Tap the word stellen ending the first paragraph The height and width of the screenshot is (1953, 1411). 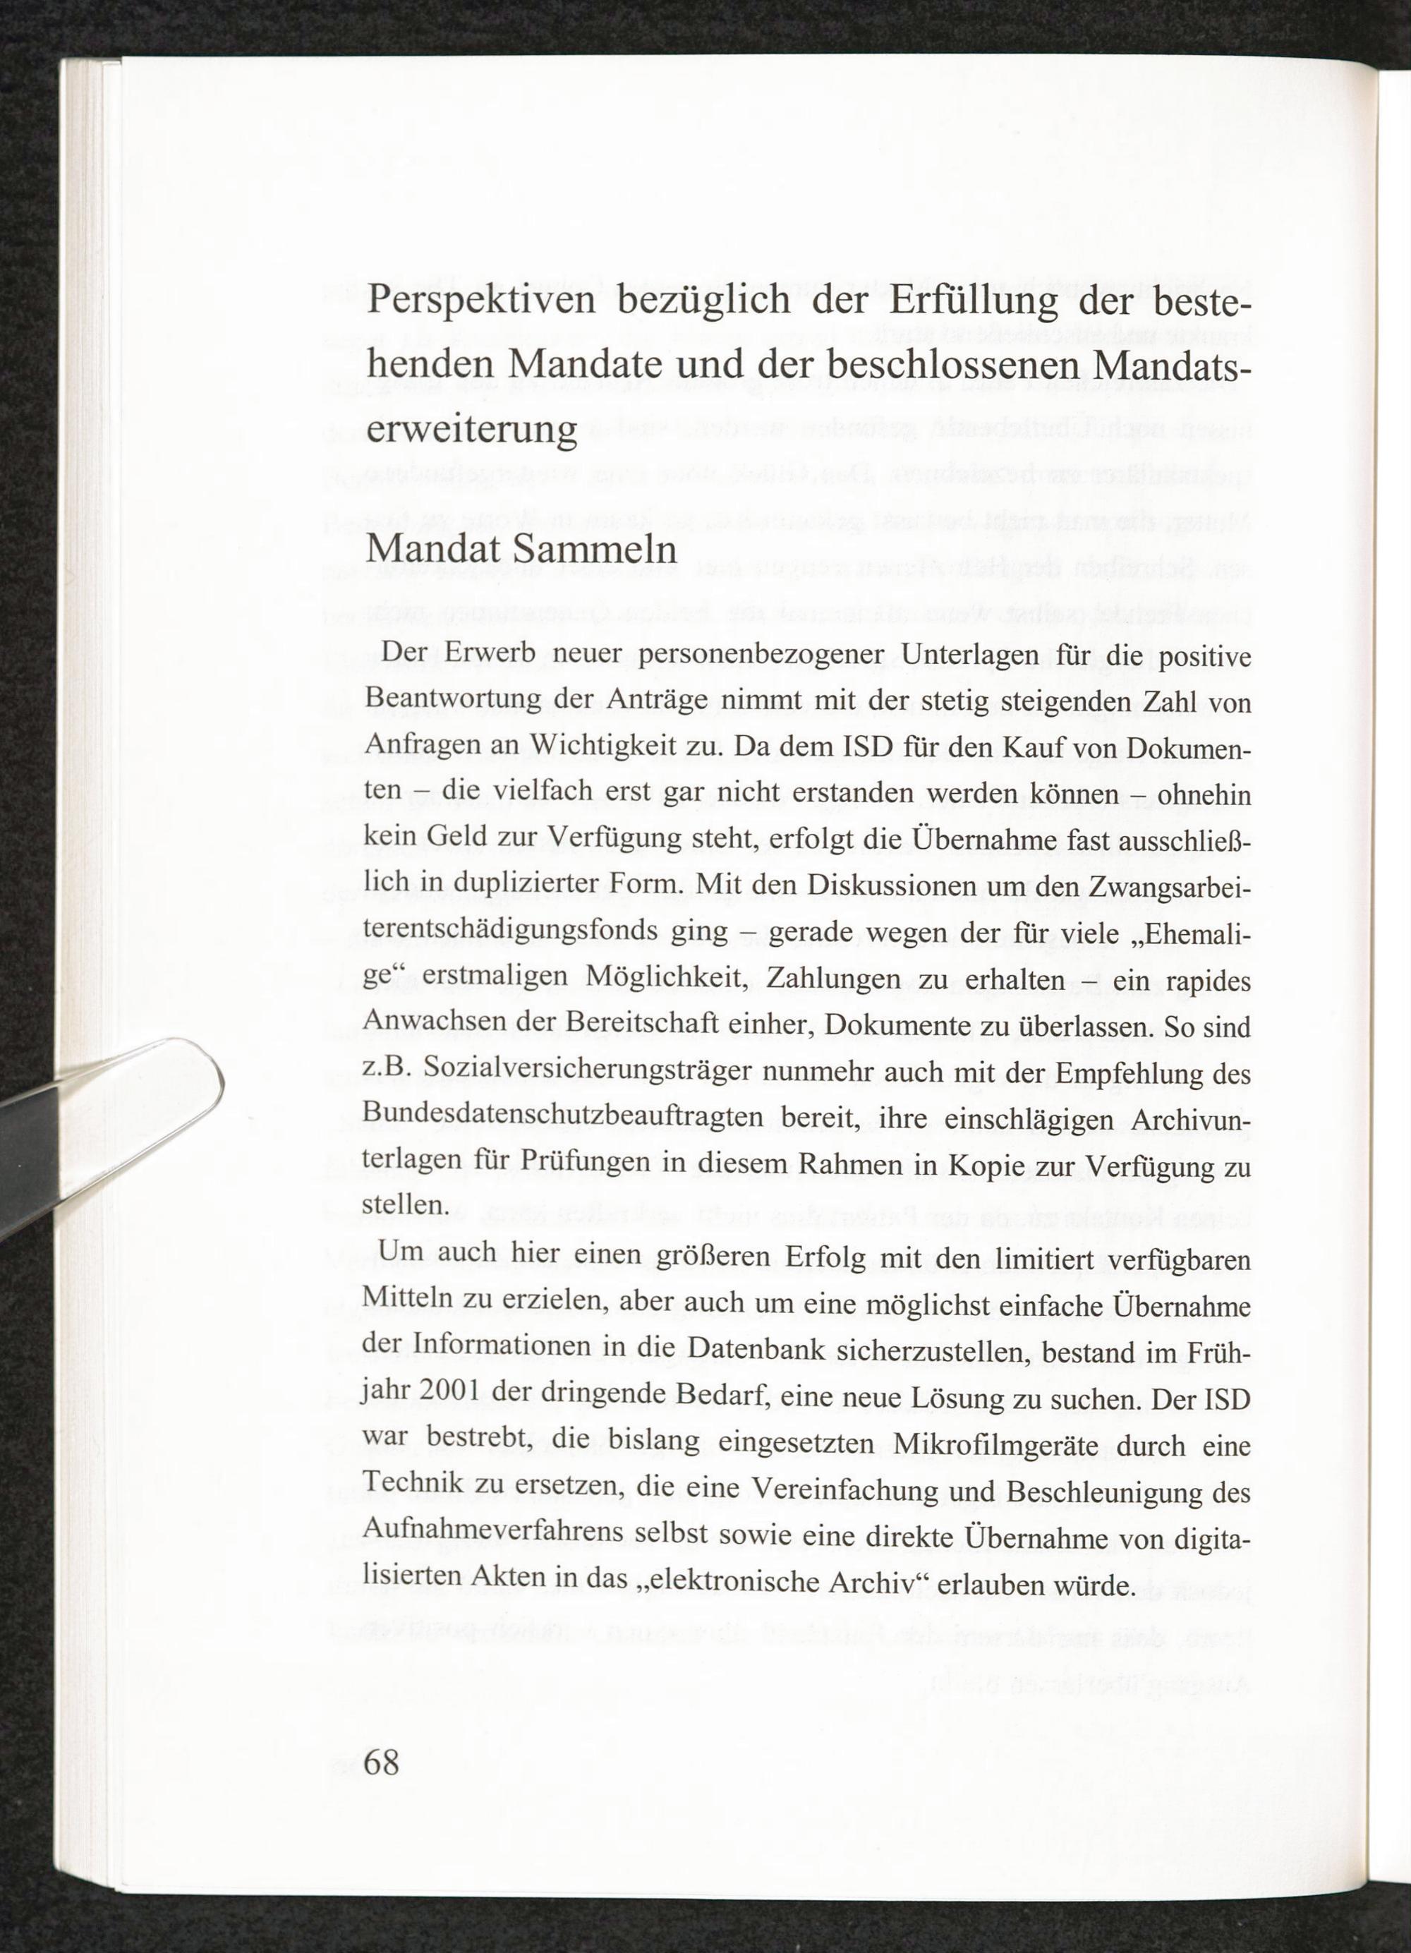click(x=404, y=1207)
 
